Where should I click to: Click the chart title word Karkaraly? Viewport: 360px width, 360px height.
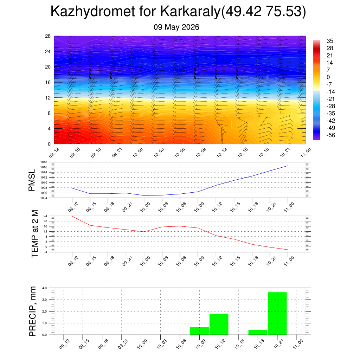190,11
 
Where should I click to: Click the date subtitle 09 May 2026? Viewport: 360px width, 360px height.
176,27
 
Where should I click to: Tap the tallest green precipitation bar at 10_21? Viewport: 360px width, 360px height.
277,313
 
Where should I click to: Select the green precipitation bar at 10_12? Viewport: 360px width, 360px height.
219,324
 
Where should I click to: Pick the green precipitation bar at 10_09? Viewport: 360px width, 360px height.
200,331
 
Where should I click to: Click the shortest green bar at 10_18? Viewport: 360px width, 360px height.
258,332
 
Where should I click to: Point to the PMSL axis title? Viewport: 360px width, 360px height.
32,180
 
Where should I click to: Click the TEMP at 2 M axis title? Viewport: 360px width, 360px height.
34,234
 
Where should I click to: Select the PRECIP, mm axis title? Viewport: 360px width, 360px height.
33,311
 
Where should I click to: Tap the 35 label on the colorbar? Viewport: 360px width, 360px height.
330,41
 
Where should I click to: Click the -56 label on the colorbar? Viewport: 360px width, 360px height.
331,135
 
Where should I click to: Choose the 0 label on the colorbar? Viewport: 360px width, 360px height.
328,77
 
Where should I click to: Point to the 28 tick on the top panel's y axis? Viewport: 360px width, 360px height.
48,36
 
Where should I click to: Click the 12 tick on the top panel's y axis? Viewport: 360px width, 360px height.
48,98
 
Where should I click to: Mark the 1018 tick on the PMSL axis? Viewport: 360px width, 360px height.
44,162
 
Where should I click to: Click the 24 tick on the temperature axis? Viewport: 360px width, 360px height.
45,216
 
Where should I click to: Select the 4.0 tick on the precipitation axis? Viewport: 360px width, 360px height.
45,288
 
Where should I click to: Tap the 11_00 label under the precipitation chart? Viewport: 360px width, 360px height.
298,344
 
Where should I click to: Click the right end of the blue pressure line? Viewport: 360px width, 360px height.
288,166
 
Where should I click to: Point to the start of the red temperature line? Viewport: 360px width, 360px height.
72,216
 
